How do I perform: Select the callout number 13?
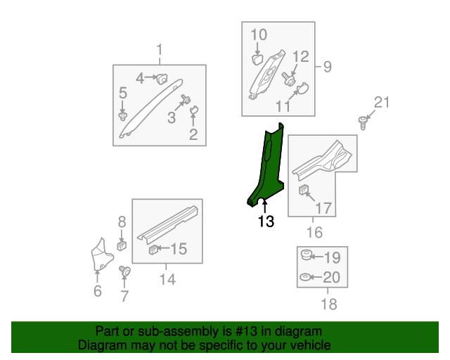[265, 222]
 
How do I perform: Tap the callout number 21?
[380, 103]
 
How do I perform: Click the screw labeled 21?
[364, 122]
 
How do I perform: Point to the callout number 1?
[159, 50]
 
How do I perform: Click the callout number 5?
[122, 93]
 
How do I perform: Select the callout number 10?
[259, 34]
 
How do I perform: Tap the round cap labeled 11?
[304, 89]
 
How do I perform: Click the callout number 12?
[300, 57]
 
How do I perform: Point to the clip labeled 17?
[304, 190]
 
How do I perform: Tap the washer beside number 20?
[307, 278]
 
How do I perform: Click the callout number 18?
[328, 304]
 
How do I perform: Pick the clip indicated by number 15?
[153, 249]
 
